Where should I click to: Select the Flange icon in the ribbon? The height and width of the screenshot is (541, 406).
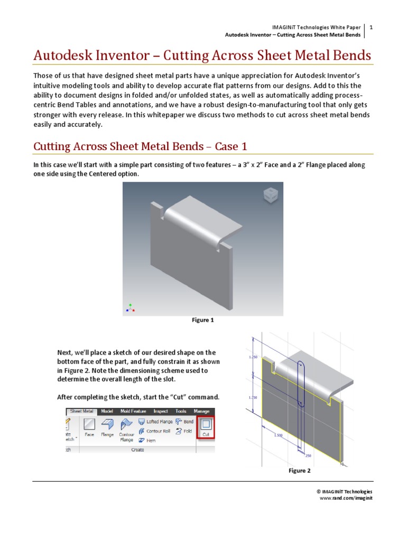107,426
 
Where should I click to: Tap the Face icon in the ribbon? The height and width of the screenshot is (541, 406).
89,426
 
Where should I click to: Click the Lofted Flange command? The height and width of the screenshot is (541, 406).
155,422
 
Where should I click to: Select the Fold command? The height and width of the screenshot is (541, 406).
184,431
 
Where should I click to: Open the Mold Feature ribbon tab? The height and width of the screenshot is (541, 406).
133,411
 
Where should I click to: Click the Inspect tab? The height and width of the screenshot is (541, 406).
160,411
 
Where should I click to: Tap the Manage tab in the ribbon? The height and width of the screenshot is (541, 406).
201,411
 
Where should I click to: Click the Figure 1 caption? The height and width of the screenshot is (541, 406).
203,320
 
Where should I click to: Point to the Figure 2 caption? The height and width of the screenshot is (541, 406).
299,471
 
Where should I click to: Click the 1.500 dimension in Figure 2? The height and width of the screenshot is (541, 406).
278,435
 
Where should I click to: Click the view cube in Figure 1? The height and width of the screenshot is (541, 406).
270,195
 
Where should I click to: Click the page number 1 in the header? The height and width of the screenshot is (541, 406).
371,27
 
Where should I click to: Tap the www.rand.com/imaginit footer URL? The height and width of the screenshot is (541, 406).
346,498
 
